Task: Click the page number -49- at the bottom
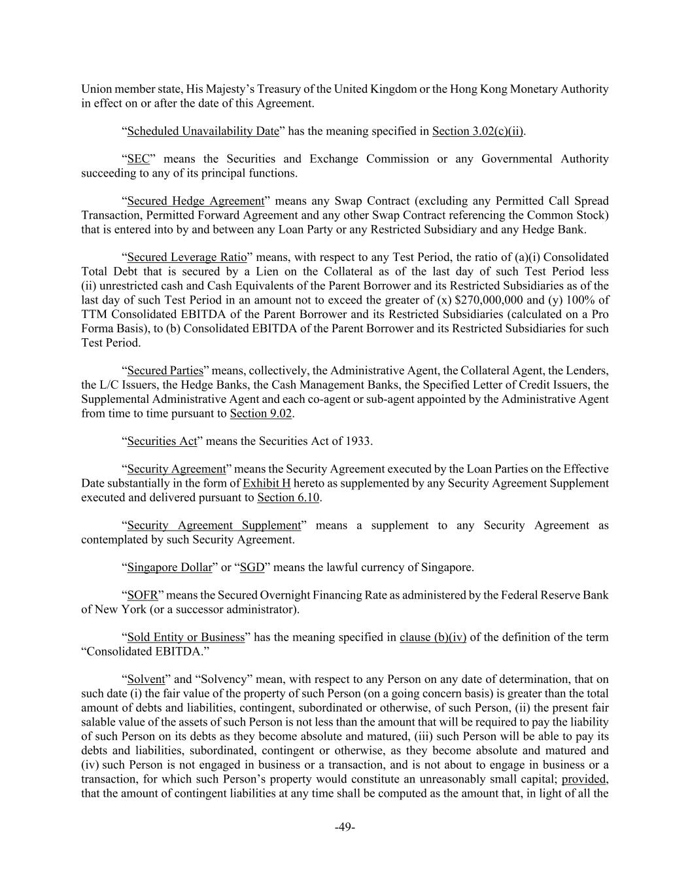click(x=345, y=828)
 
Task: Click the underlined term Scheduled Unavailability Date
click(x=203, y=131)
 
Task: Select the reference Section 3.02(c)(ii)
click(x=478, y=131)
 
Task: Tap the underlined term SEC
click(x=138, y=159)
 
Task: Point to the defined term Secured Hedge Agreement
click(x=196, y=201)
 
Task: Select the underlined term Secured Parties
click(x=165, y=371)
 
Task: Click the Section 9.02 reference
click(x=260, y=413)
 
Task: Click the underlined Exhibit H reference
click(x=266, y=483)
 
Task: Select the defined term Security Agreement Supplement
click(x=214, y=525)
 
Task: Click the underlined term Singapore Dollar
click(x=169, y=567)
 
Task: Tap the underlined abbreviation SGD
click(x=252, y=567)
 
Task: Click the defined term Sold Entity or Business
click(x=186, y=637)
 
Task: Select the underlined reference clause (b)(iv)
click(x=432, y=637)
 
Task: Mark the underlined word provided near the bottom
click(x=583, y=779)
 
